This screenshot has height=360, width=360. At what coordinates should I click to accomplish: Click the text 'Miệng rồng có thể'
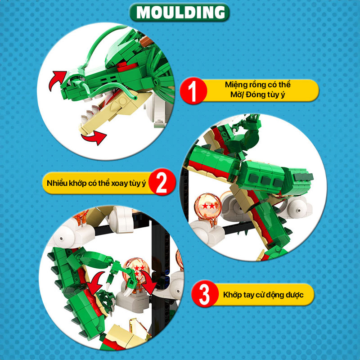coord(258,85)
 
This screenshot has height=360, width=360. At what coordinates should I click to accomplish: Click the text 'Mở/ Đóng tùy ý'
coord(258,95)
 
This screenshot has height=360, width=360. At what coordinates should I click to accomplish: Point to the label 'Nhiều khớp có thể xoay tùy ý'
coord(96,184)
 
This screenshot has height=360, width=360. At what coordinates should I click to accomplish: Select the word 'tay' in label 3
coord(247,296)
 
